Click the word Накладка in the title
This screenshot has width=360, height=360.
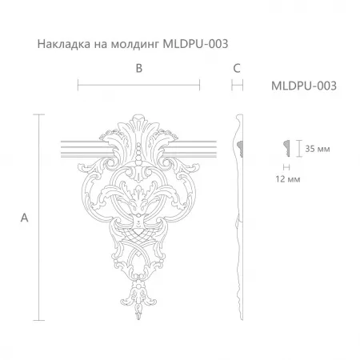(64, 44)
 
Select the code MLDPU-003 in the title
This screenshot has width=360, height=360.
(195, 44)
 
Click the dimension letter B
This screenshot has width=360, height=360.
(139, 68)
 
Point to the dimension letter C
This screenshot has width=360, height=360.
(237, 68)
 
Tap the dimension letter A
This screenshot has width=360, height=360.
(24, 218)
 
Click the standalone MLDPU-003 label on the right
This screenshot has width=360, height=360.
(304, 86)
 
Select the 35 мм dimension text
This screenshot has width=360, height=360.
(318, 149)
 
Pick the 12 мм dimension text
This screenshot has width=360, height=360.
(288, 179)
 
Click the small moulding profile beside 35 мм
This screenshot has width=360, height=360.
(286, 148)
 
